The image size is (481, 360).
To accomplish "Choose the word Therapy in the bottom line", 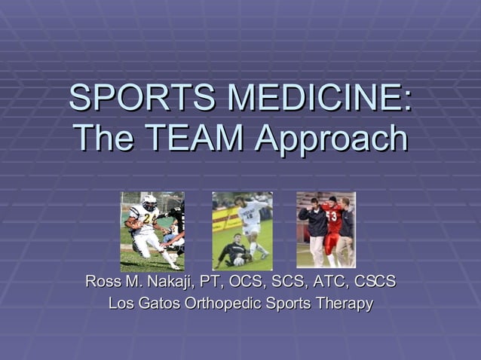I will (344, 304).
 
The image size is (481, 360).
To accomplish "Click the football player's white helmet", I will (150, 202).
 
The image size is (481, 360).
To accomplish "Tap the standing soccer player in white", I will (253, 222).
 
